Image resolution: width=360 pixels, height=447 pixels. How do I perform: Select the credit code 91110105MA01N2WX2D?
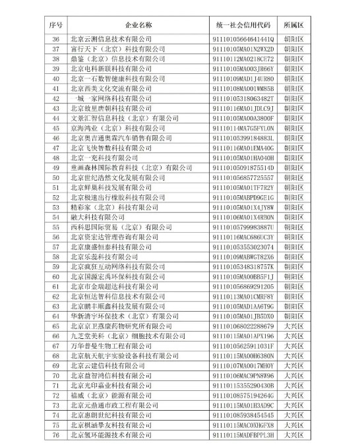pyautogui.click(x=244, y=49)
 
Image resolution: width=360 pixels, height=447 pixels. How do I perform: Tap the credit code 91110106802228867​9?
pyautogui.click(x=244, y=326)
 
